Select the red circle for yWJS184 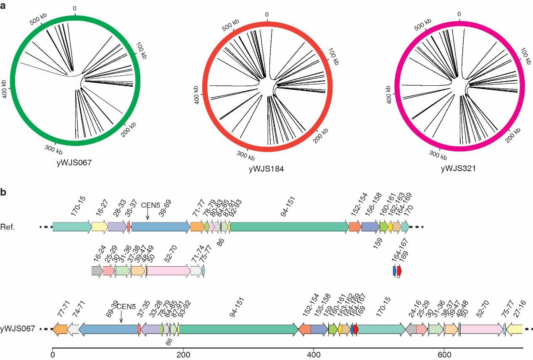coord(206,86)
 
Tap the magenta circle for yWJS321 coord(397,86)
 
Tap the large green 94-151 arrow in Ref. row coord(289,227)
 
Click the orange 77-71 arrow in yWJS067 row coord(60,329)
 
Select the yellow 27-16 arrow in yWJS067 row coord(514,329)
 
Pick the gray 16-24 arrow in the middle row coord(97,271)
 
